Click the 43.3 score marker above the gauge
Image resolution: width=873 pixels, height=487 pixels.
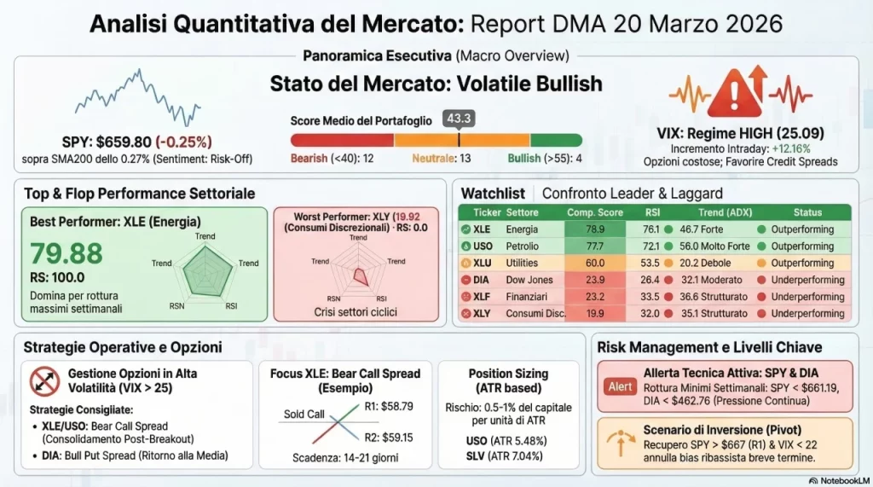[459, 119]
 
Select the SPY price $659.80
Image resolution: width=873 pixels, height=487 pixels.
[136, 142]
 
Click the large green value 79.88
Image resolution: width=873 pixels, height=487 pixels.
[66, 252]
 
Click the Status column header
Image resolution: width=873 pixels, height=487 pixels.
[807, 212]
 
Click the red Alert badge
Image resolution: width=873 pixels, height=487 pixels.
[620, 386]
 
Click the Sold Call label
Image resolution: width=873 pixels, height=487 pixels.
[304, 414]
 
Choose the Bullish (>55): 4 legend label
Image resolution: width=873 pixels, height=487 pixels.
[545, 159]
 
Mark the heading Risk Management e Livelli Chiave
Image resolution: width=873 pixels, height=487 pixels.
[709, 347]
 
